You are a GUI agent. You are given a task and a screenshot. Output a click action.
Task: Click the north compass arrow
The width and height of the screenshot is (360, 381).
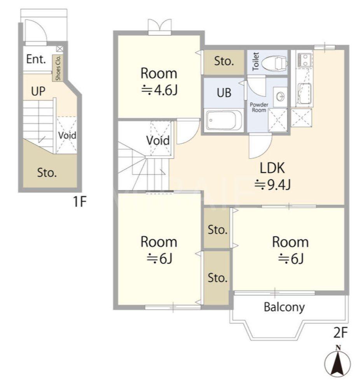tap(338, 364)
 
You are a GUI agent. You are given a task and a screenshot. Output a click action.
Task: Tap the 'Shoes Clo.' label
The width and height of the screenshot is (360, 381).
tap(58, 68)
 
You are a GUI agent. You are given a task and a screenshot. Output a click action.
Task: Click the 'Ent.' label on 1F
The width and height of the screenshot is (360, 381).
tap(36, 59)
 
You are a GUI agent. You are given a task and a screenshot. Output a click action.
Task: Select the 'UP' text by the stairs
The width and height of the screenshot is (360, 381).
tap(38, 91)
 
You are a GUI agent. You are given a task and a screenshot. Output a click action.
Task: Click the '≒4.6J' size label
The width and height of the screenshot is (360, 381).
tap(159, 90)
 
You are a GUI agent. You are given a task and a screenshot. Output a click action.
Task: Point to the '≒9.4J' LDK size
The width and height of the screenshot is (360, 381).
tap(272, 185)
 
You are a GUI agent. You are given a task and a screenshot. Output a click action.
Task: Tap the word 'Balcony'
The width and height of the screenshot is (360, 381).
tap(284, 307)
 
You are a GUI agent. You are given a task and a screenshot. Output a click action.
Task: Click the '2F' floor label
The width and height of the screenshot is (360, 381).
tap(340, 333)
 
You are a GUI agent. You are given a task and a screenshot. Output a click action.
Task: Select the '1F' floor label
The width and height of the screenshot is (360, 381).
tap(80, 201)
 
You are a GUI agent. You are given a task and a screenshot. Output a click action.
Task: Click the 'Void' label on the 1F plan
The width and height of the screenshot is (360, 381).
tap(67, 135)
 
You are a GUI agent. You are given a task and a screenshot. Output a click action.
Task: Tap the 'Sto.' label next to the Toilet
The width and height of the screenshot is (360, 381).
tap(224, 61)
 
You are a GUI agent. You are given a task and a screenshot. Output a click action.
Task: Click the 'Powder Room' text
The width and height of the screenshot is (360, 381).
tap(259, 107)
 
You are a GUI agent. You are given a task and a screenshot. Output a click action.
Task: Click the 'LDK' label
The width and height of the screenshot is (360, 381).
tap(272, 168)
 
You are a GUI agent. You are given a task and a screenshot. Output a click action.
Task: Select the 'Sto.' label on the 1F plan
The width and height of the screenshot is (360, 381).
tap(47, 173)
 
